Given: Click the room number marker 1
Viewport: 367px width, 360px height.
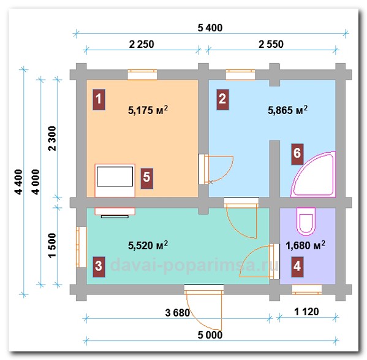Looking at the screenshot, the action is click(99, 99).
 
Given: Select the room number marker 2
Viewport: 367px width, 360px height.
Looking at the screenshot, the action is click(222, 99).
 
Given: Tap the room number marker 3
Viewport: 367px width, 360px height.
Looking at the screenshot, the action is click(99, 267).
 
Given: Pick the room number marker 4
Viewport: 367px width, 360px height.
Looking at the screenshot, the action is click(297, 267).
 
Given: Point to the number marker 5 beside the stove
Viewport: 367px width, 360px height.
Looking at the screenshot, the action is click(147, 178).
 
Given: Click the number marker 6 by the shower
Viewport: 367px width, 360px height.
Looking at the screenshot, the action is click(297, 154).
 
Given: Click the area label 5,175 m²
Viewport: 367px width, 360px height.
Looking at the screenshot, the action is click(148, 110).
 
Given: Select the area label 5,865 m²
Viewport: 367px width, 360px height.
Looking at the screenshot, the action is click(287, 110).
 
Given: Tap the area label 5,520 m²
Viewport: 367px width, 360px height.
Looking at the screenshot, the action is click(148, 245).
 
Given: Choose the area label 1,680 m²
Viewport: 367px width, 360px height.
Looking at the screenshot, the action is click(306, 245).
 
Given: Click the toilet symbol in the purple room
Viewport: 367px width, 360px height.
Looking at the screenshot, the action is click(306, 221).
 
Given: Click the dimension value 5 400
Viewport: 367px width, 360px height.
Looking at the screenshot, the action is click(210, 28).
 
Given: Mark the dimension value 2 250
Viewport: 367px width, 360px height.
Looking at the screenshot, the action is click(142, 44).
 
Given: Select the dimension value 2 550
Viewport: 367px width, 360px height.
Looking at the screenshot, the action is click(271, 44).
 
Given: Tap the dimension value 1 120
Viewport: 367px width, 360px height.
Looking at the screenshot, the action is click(306, 312).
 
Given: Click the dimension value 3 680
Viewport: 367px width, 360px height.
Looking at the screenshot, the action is click(178, 313).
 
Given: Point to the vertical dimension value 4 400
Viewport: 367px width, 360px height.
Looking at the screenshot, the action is click(19, 182).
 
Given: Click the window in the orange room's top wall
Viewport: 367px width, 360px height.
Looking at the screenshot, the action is click(142, 75).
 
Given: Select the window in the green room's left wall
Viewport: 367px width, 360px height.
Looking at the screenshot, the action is click(81, 247).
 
